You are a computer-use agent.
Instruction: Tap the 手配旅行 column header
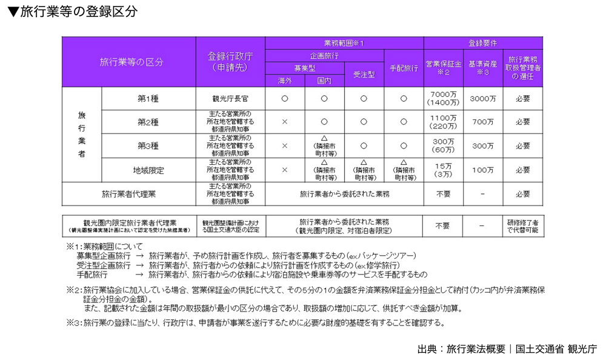point(404,68)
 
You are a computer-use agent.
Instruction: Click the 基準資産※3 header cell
point(482,67)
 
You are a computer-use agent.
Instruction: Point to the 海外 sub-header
point(285,80)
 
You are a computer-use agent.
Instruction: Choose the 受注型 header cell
point(364,74)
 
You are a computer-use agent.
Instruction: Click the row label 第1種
point(148,98)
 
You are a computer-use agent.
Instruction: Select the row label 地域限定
point(148,170)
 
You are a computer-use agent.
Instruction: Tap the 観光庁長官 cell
point(230,98)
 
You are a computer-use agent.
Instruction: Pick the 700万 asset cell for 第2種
point(482,122)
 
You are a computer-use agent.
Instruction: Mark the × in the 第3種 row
point(285,146)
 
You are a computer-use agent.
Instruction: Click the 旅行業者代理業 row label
point(128,195)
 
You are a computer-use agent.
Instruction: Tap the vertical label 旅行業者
point(82,134)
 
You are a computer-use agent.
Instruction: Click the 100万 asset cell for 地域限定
point(482,170)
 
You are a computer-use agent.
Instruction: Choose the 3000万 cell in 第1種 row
point(482,98)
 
